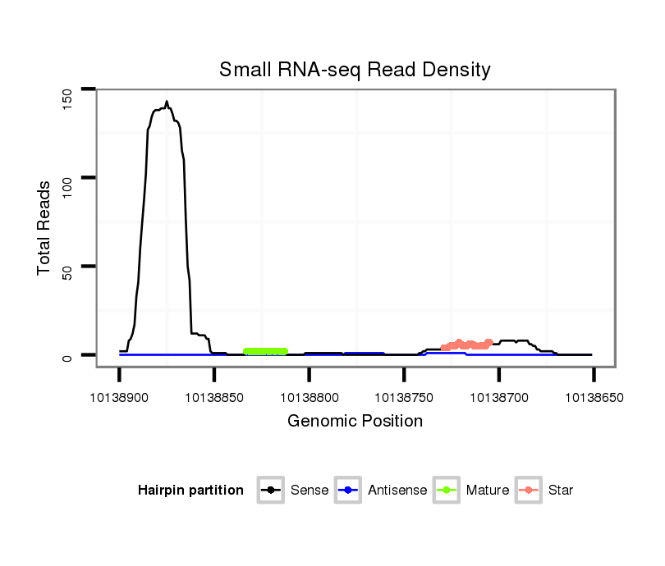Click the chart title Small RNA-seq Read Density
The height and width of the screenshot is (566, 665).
[355, 70]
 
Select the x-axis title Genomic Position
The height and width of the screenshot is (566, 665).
[355, 422]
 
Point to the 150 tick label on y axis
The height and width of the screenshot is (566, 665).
[67, 98]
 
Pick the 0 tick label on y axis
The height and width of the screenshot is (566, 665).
[67, 358]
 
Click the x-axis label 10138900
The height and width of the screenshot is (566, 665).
[119, 398]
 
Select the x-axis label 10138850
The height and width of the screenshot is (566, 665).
[213, 398]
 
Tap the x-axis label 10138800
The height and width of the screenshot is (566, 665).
[309, 398]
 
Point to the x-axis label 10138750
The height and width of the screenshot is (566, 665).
[404, 398]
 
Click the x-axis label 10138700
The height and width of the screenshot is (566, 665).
[498, 398]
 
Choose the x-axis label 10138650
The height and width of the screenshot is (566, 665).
[593, 398]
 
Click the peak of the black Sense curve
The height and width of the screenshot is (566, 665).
[167, 102]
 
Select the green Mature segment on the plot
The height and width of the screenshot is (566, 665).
[265, 351]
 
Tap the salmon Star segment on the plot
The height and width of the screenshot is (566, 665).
[466, 345]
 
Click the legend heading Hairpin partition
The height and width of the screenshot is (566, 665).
[190, 491]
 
